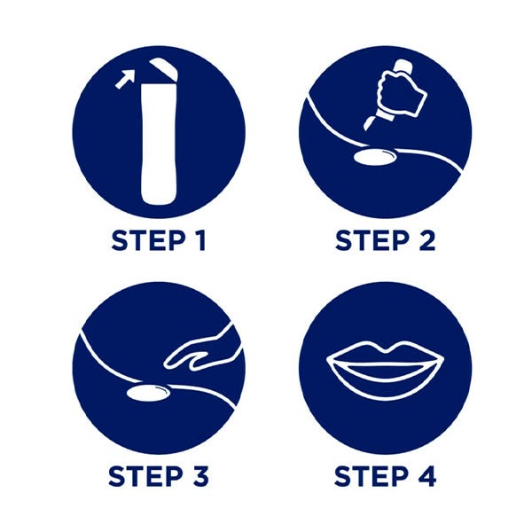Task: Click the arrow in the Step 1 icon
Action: click(124, 79)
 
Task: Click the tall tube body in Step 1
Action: click(159, 144)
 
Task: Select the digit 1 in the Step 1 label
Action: click(199, 240)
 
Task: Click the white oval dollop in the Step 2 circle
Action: click(375, 157)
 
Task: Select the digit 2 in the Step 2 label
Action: click(426, 240)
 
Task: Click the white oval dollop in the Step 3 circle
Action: click(148, 393)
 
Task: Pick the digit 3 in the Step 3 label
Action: click(199, 476)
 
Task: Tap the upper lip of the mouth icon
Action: click(385, 354)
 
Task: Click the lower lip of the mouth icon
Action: click(385, 380)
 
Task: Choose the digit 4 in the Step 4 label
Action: click(426, 476)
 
